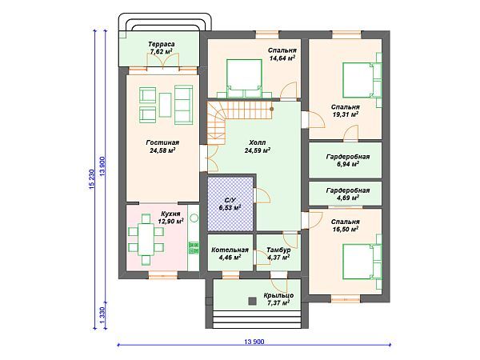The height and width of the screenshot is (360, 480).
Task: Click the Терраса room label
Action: point(162,44)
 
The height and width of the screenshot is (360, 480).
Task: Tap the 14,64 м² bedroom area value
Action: point(282,58)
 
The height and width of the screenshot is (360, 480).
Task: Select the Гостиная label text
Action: point(162,142)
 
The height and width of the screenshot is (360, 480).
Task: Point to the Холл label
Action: point(257,142)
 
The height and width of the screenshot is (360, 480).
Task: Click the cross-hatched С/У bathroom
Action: point(230,204)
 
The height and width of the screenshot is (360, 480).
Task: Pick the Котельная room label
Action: point(230,250)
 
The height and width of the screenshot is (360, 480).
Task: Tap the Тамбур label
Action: point(278,250)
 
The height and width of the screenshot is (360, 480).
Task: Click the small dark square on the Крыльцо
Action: point(252,302)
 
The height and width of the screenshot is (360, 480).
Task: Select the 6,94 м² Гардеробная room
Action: point(346,160)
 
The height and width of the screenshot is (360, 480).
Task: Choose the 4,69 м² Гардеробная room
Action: point(346,194)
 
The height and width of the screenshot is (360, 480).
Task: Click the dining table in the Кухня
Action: point(146,239)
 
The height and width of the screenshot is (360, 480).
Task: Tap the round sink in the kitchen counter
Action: point(194,218)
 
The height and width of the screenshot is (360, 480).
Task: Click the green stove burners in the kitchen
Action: point(194,248)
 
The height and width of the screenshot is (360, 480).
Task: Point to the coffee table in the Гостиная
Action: point(166,105)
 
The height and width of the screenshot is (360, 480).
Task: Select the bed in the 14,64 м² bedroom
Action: point(244,78)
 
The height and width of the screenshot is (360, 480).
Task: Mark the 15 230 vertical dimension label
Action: point(93,178)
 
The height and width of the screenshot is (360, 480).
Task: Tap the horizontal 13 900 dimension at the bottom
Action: point(254,345)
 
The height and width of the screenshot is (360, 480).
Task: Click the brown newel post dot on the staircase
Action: point(271,109)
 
